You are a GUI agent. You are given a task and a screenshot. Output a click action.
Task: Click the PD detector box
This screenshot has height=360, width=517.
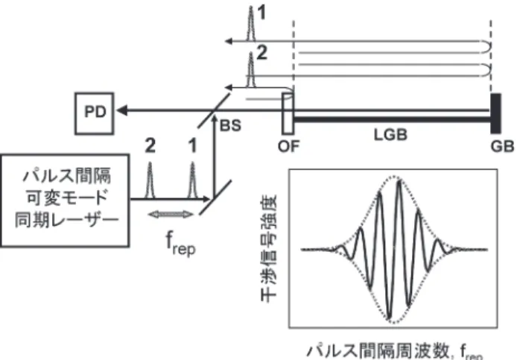(x=95, y=113)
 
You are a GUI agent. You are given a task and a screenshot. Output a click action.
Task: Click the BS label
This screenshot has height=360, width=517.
(x=230, y=125)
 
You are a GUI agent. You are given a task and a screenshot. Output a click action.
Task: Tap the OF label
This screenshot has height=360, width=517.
(x=288, y=146)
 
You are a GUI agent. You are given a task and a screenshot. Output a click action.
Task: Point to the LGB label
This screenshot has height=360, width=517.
(x=390, y=135)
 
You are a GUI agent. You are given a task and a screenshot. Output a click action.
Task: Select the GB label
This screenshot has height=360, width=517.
(x=502, y=146)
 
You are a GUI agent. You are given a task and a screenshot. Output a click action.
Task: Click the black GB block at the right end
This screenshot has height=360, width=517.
(x=496, y=113)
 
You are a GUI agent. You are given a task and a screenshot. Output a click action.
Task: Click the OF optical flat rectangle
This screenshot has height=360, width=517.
(x=288, y=113)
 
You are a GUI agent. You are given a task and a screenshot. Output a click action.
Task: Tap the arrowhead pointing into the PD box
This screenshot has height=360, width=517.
(x=122, y=110)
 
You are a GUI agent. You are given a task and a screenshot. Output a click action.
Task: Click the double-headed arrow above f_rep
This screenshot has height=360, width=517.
(x=171, y=215)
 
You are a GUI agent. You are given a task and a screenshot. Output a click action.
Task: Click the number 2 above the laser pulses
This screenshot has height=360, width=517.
(x=150, y=145)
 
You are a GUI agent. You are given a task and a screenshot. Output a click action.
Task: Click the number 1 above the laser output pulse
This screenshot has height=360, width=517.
(x=192, y=145)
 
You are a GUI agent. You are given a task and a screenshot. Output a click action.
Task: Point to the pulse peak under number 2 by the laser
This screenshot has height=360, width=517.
(x=150, y=163)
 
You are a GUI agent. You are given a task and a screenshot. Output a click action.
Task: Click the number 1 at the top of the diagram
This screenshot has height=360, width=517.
(x=261, y=13)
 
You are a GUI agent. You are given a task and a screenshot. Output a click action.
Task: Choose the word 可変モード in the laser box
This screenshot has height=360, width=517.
(x=67, y=198)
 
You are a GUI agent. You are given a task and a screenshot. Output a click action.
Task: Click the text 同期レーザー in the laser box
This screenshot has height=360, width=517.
(x=66, y=219)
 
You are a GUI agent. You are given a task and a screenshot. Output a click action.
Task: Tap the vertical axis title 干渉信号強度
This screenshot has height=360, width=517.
(x=270, y=248)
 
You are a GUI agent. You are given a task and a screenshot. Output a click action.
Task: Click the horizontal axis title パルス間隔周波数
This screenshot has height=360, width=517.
(x=378, y=351)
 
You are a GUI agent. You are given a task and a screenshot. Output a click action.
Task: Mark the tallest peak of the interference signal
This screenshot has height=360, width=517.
(x=399, y=180)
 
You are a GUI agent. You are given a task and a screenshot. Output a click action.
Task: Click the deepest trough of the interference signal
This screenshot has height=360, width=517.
(x=390, y=318)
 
